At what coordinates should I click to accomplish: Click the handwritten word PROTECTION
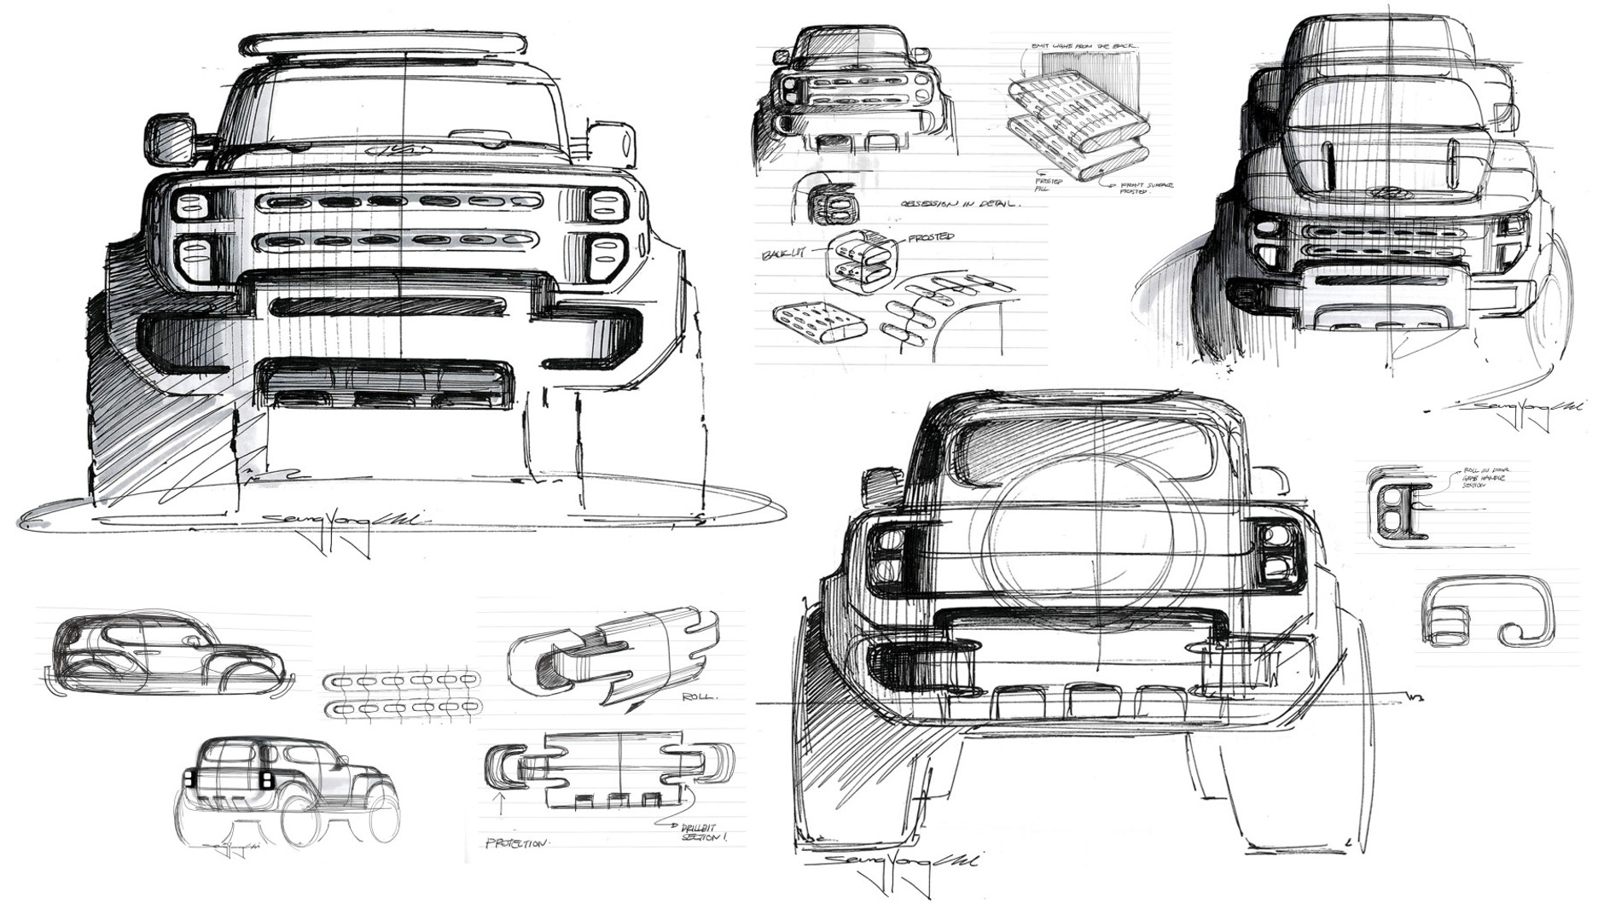pyautogui.click(x=517, y=843)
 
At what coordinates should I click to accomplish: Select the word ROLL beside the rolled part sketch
pyautogui.click(x=700, y=696)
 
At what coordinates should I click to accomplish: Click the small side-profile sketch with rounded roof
pyautogui.click(x=166, y=653)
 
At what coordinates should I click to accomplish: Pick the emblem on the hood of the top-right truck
pyautogui.click(x=1382, y=193)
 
